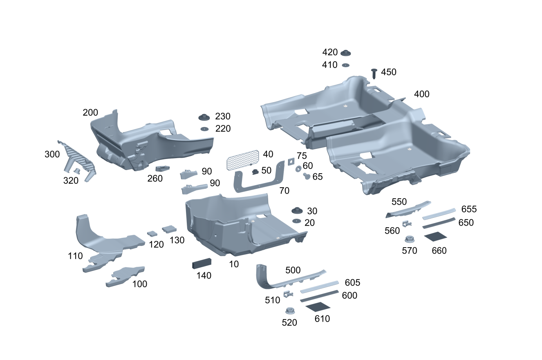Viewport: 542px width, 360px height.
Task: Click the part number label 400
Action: click(421, 94)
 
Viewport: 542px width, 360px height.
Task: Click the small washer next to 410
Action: click(346, 65)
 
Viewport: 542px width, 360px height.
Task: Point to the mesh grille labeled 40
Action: click(243, 160)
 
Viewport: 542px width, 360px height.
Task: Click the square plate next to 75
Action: click(291, 161)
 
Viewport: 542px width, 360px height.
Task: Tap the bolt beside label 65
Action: click(306, 176)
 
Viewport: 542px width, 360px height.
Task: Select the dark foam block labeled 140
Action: click(202, 264)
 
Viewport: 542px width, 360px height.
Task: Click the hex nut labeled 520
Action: click(290, 311)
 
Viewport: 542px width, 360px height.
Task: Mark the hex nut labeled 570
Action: click(408, 239)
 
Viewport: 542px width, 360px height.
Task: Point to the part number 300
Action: click(52, 154)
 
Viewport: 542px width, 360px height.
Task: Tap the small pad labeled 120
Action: click(152, 233)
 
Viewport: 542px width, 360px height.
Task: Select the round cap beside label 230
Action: click(204, 117)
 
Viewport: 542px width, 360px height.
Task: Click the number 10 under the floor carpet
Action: click(234, 264)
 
